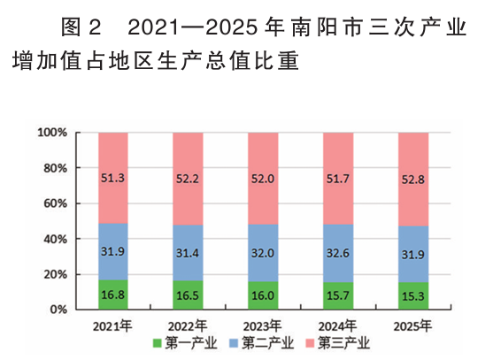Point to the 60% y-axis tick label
pos(55,203)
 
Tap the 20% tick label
pos(55,274)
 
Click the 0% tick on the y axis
pos(58,310)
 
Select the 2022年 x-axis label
pos(188,325)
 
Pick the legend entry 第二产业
pos(264,342)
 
